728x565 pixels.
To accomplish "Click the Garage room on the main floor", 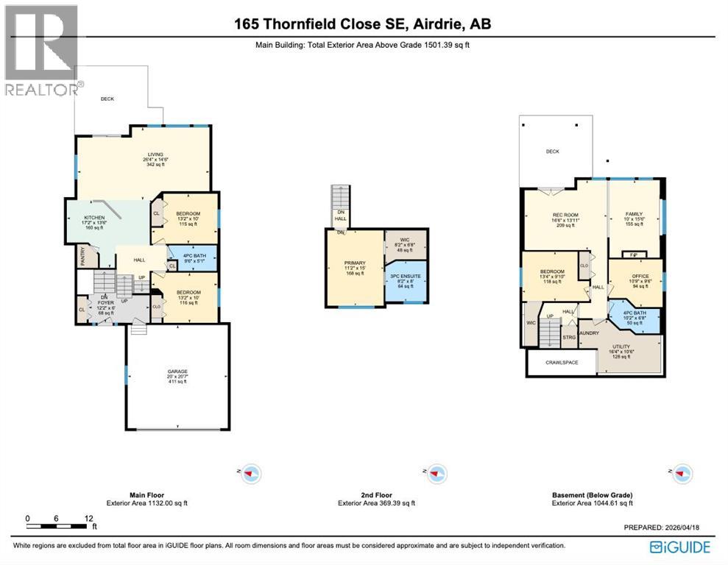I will click(x=177, y=375).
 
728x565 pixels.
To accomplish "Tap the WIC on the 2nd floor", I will click(x=406, y=245).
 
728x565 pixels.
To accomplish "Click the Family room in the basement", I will click(x=635, y=217).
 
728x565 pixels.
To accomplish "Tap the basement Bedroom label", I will click(x=551, y=276).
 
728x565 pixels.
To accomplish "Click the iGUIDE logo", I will click(x=680, y=547).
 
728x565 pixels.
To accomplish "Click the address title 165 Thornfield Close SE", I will click(x=362, y=24).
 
